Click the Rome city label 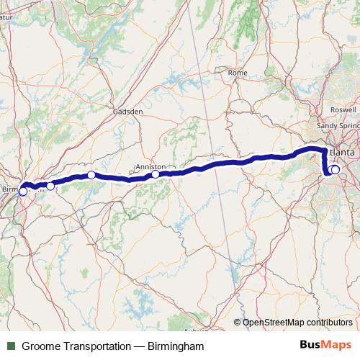pyautogui.click(x=237, y=73)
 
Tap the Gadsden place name pyautogui.click(x=128, y=112)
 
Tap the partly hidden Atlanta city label pyautogui.click(x=342, y=153)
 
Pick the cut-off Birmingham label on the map pyautogui.click(x=12, y=189)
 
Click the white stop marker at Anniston pyautogui.click(x=156, y=174)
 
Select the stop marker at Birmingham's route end pyautogui.click(x=23, y=192)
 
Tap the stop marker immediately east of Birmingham pyautogui.click(x=50, y=186)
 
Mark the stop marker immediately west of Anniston pyautogui.click(x=91, y=175)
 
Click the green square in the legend pyautogui.click(x=11, y=346)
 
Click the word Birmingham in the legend pyautogui.click(x=176, y=346)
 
